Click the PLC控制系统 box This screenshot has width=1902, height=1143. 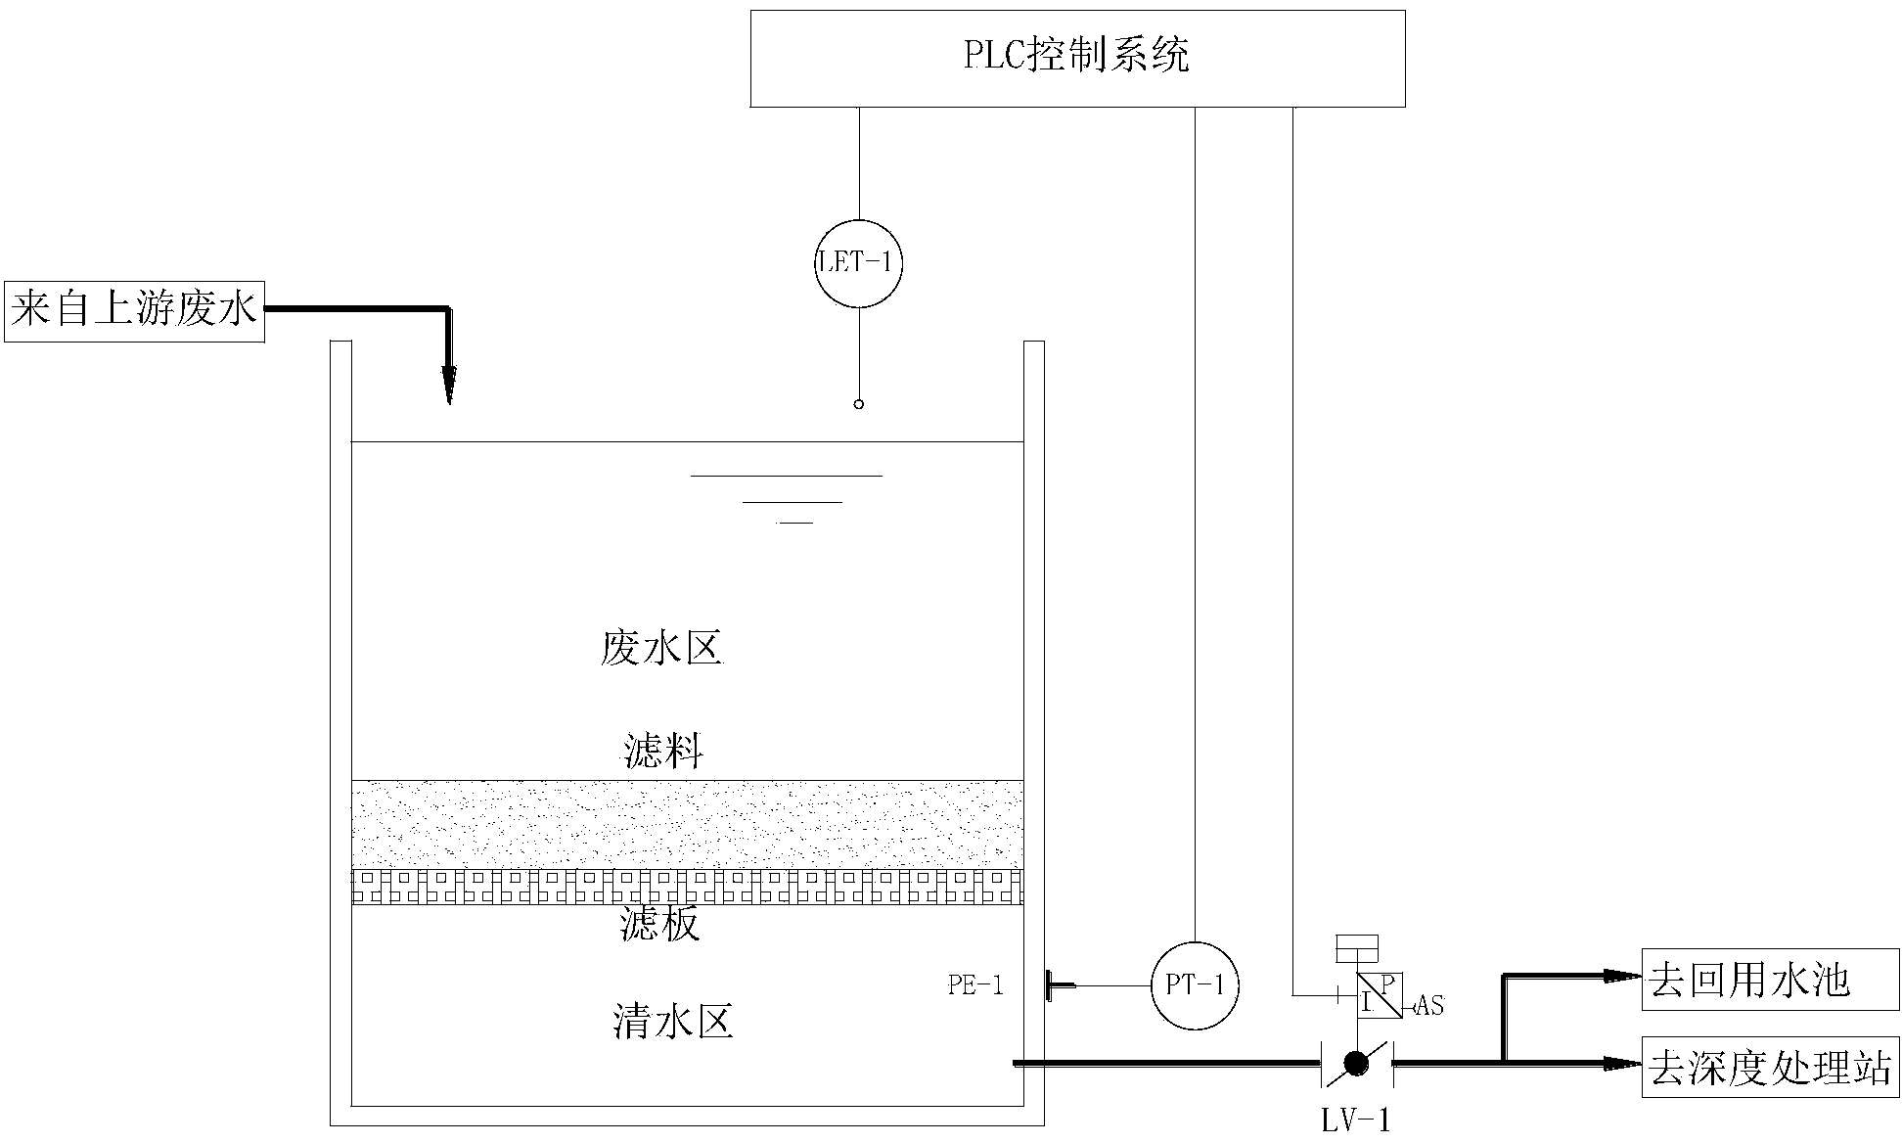coord(1077,58)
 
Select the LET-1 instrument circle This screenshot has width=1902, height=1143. coord(858,263)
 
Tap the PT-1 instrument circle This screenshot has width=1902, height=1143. coord(1195,985)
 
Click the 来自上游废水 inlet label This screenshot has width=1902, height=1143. coord(134,311)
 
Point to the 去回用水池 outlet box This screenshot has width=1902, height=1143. coord(1770,980)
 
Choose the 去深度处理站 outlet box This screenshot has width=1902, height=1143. coord(1770,1068)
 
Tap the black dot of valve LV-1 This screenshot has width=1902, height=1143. coord(1356,1064)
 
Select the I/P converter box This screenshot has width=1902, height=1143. coord(1380,994)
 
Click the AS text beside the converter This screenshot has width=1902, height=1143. coord(1429,1006)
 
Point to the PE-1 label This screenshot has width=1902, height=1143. coord(975,985)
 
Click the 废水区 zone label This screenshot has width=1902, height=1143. coord(660,649)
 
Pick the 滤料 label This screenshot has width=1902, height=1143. coord(663,753)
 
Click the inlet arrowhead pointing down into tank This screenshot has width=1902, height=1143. coord(448,386)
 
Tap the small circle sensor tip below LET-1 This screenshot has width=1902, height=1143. coord(858,404)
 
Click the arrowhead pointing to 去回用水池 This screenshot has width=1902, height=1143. coord(1624,975)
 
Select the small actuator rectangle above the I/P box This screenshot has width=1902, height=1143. coord(1357,947)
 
